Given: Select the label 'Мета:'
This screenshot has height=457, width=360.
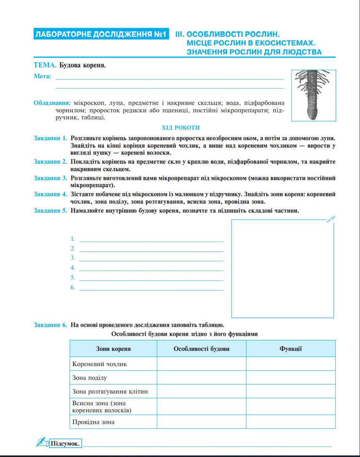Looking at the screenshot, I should (x=42, y=76).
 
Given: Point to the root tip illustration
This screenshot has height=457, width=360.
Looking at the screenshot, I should (x=313, y=95).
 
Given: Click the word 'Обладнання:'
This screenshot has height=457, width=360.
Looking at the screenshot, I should (x=52, y=103).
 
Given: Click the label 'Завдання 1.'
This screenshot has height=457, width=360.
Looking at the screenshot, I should (x=50, y=138).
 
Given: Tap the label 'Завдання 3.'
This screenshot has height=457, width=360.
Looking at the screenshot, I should (x=50, y=178).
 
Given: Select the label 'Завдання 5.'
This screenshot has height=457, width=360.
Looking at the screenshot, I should (x=50, y=211).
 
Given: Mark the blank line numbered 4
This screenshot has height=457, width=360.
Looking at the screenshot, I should (x=151, y=270).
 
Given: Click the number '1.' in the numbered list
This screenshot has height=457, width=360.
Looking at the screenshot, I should (x=73, y=239).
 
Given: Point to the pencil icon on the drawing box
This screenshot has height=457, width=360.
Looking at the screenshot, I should (x=331, y=219).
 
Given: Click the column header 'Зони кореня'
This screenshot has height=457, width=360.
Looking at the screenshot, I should (x=113, y=349).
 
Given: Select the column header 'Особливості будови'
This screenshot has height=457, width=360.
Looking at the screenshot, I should (x=202, y=349).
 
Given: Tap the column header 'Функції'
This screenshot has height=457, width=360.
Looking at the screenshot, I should (x=291, y=349).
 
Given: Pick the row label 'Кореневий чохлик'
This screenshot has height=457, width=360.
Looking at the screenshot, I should (x=99, y=364).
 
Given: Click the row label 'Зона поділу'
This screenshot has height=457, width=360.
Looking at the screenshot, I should (x=90, y=378).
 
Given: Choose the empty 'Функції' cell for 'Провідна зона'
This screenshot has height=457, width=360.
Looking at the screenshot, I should (x=291, y=422).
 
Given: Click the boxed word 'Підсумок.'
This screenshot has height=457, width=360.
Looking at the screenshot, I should (x=65, y=444).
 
